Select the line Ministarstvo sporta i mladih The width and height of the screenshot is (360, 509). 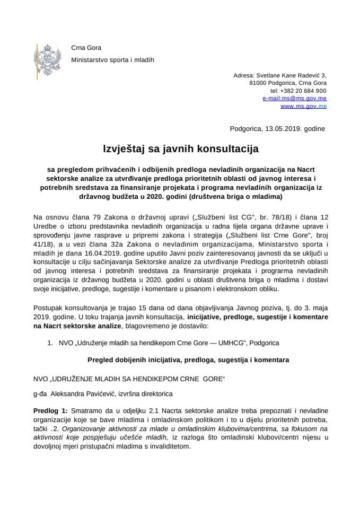tap(112, 60)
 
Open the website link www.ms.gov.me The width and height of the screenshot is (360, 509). tap(303, 107)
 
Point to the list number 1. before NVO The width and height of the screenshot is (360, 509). tap(51, 343)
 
